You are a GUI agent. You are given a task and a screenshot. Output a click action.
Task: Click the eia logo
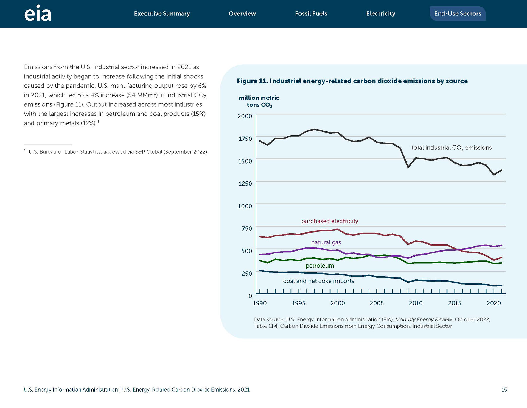(x=38, y=13)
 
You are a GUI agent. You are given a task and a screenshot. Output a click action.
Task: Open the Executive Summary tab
(x=162, y=13)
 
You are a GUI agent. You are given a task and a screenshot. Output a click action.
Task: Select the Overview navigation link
(x=242, y=13)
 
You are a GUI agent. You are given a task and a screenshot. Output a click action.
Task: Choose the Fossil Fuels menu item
(x=311, y=13)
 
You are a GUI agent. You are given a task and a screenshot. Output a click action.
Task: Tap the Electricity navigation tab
(x=381, y=13)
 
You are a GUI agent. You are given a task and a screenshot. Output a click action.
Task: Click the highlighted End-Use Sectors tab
(x=458, y=13)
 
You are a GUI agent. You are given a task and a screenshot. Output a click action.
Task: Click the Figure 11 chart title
(x=352, y=81)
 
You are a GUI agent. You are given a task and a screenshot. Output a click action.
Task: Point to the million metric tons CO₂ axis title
(x=259, y=101)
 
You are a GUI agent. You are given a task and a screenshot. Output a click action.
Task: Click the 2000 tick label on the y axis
(x=245, y=116)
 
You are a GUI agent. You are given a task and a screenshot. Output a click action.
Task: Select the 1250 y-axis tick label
(x=245, y=184)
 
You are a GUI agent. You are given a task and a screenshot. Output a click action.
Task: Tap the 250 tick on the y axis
(x=247, y=274)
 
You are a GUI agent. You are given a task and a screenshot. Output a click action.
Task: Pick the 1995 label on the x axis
(x=299, y=303)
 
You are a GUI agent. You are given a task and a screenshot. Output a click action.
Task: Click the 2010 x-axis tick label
(x=416, y=303)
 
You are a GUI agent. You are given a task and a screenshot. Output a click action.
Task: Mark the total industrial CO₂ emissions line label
(x=452, y=148)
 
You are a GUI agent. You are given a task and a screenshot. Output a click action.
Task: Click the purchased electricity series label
(x=330, y=221)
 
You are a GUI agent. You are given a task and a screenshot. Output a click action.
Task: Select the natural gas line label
(x=326, y=242)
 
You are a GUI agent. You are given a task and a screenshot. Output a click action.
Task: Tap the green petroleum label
(x=320, y=266)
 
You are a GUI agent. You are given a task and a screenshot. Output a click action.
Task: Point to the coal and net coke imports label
(x=319, y=281)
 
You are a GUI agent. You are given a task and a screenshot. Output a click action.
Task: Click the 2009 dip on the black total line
(x=408, y=167)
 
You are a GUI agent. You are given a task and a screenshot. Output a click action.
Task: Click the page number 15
(x=504, y=390)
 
